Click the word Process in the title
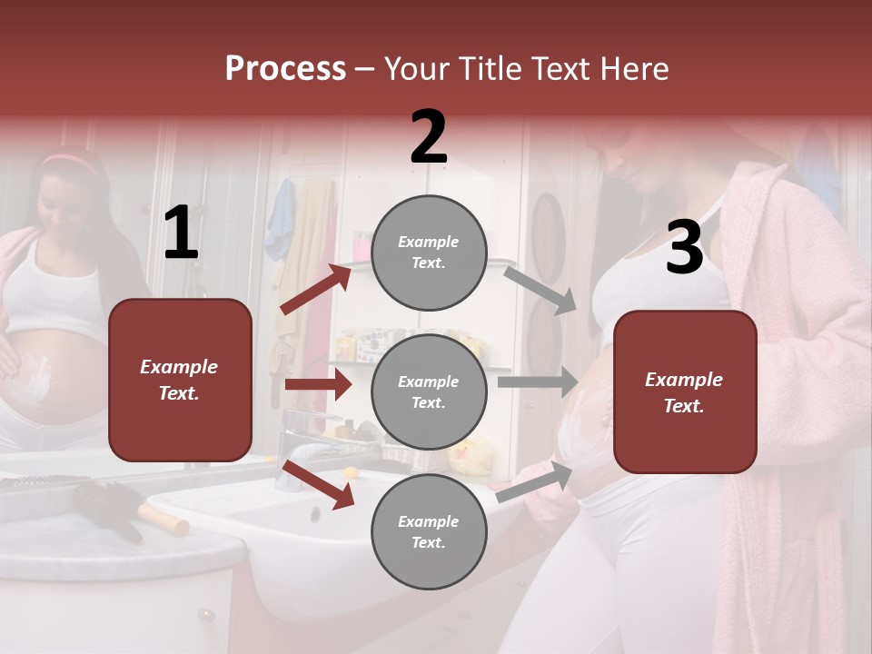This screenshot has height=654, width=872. click(285, 68)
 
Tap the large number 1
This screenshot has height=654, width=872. click(181, 233)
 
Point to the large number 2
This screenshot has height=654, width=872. click(429, 137)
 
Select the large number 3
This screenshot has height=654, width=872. click(684, 247)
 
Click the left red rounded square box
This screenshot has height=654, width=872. click(180, 380)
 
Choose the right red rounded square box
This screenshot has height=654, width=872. click(685, 391)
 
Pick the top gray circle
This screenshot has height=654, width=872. click(429, 253)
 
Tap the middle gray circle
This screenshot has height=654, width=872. click(429, 391)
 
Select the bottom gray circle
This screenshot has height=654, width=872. click(429, 531)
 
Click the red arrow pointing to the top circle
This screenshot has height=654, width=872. click(316, 289)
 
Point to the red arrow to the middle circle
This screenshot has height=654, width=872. click(318, 384)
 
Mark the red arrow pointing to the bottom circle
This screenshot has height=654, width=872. click(318, 483)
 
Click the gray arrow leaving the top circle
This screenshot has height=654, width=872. click(540, 290)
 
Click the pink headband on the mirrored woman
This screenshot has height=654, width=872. click(68, 160)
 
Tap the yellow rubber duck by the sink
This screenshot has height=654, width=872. click(471, 454)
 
